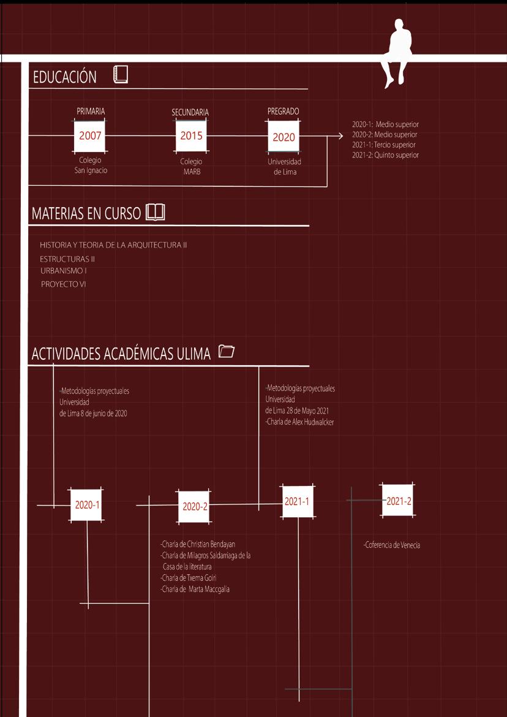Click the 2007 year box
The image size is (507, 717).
pos(90,135)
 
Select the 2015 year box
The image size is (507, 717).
pos(191,136)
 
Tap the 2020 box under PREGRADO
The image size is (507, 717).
pos(284,137)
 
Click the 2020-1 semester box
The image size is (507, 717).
pos(87,505)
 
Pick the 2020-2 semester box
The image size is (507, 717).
pos(195,506)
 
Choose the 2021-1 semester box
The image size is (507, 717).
pos(296,501)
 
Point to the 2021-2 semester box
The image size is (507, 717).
pos(399,501)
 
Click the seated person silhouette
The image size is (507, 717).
pos(396,52)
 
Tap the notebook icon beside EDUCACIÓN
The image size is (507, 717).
pos(121,75)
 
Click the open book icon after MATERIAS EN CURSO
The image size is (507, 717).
pos(156,213)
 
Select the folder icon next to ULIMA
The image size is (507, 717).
pos(227,351)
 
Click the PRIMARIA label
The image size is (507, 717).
pos(91,112)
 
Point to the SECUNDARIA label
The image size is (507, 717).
pos(190,113)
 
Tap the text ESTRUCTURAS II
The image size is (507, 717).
pos(67,259)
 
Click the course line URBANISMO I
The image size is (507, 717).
pos(64,270)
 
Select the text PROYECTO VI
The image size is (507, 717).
pos(64,284)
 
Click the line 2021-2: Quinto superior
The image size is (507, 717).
pos(385,156)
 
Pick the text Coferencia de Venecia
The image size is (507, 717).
pos(392,545)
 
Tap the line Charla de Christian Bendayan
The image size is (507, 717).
pos(198,544)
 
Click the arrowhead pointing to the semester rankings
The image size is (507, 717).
pos(340,135)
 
